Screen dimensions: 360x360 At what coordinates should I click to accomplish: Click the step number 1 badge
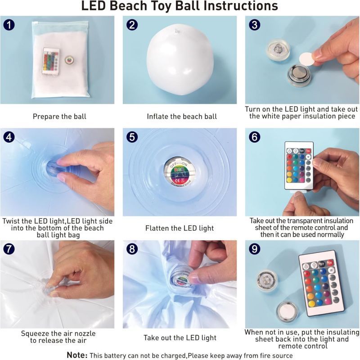tap(9, 25)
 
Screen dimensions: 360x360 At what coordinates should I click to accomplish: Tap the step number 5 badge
tap(132, 137)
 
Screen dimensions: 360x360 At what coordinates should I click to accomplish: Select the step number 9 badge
tap(254, 249)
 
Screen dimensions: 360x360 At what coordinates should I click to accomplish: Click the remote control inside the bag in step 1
tap(51, 61)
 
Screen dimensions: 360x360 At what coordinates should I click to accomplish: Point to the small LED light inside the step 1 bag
tap(69, 60)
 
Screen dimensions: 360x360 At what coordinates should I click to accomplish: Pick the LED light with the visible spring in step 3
tap(278, 49)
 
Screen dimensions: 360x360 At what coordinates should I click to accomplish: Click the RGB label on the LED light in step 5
tap(178, 170)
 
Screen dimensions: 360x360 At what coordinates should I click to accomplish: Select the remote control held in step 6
tap(299, 166)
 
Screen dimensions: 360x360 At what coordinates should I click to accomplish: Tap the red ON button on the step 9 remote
tap(330, 262)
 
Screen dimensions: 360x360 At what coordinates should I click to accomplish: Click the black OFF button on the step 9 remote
tap(322, 264)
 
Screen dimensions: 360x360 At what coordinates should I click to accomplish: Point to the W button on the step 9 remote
tap(331, 270)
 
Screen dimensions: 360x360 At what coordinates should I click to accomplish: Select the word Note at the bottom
tap(77, 355)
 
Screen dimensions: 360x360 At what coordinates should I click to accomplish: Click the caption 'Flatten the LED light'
tap(180, 228)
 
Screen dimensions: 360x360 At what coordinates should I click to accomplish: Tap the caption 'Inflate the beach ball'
tap(182, 117)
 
